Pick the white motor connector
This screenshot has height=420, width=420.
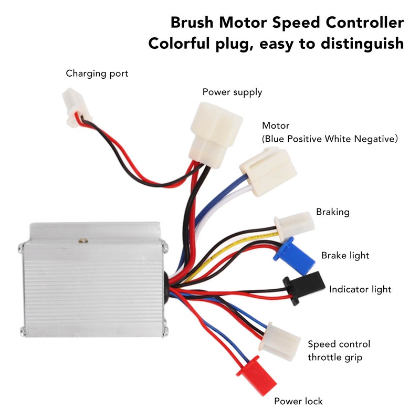(x=267, y=172)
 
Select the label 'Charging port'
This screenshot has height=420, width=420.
(x=97, y=73)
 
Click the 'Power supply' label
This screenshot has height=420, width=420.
(x=232, y=92)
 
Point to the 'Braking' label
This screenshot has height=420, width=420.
(x=332, y=212)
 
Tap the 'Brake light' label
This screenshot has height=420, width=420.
(x=345, y=256)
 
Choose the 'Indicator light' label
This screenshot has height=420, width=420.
(x=360, y=289)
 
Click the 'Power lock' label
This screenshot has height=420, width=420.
(x=298, y=402)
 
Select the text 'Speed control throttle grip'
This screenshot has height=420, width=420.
(x=339, y=351)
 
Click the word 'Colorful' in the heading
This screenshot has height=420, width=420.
(x=179, y=43)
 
